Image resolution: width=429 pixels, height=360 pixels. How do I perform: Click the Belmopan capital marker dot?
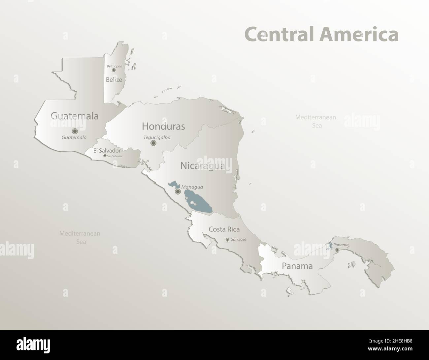pyautogui.click(x=114, y=70)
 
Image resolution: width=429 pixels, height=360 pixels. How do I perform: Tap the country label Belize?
pyautogui.click(x=114, y=79)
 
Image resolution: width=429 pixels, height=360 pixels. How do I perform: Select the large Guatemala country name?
pyautogui.click(x=75, y=116)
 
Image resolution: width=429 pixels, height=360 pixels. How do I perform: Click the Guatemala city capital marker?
pyautogui.click(x=75, y=131)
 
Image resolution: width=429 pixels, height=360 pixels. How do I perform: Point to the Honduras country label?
pyautogui.click(x=163, y=126)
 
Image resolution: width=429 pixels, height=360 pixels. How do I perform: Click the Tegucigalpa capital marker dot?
pyautogui.click(x=153, y=143)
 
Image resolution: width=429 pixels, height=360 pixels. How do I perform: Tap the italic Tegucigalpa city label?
pyautogui.click(x=157, y=137)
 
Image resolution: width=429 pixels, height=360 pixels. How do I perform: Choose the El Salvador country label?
pyautogui.click(x=107, y=150)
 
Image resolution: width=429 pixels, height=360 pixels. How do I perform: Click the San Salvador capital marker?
pyautogui.click(x=105, y=156)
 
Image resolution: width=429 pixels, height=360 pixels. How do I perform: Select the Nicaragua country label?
pyautogui.click(x=202, y=165)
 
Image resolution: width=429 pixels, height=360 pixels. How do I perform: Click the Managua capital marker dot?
pyautogui.click(x=178, y=191)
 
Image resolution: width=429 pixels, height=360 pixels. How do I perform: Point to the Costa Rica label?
pyautogui.click(x=224, y=229)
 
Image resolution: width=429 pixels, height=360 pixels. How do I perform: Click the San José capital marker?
pyautogui.click(x=227, y=239)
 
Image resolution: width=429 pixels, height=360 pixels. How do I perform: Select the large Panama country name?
pyautogui.click(x=297, y=266)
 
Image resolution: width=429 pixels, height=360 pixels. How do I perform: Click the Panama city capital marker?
pyautogui.click(x=337, y=250)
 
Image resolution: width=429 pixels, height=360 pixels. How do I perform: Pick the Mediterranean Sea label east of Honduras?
pyautogui.click(x=315, y=121)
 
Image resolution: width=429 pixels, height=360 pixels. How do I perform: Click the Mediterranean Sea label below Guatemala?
pyautogui.click(x=80, y=237)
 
